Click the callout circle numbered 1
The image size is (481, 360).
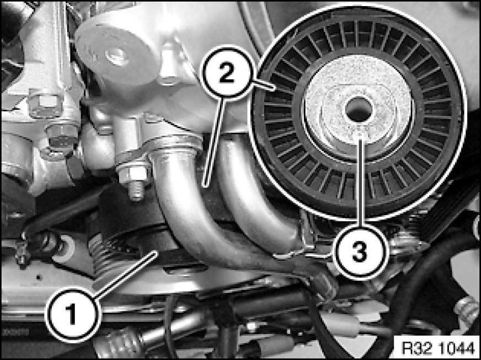click(x=72, y=315)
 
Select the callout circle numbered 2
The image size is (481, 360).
click(x=227, y=73)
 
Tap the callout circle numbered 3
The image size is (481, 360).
click(x=359, y=252)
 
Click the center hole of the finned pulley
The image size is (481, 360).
click(x=359, y=109)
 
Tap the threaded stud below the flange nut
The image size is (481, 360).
click(x=136, y=191)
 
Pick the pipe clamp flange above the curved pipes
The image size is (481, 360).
click(x=159, y=148)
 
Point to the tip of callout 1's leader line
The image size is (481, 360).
click(x=157, y=252)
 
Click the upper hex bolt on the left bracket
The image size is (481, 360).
click(x=45, y=106)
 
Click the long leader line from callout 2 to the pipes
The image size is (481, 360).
click(x=215, y=143)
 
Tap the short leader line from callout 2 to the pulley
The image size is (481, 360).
click(x=264, y=85)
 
